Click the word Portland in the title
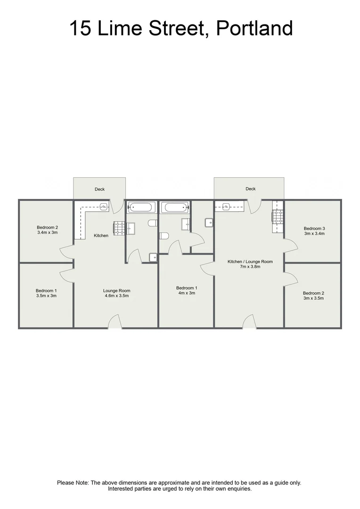coord(254,28)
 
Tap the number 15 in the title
coord(81,28)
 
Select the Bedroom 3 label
coord(314,228)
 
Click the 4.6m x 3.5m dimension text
coord(116,296)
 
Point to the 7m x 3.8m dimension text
coord(250,267)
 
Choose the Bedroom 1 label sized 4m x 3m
coord(187,287)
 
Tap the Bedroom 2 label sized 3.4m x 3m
coord(47,227)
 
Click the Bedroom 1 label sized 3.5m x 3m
coord(46,290)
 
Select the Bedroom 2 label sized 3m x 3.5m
coord(313,293)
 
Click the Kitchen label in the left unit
coord(101,236)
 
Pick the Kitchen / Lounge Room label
coord(250,262)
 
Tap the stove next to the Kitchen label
coord(119,229)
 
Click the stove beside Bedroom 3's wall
coord(278,216)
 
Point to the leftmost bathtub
coord(141,207)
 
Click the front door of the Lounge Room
coord(115,323)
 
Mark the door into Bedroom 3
coord(289,246)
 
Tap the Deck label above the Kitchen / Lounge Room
coord(250,189)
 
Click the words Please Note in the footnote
coord(73,483)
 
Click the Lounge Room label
coord(116,291)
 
